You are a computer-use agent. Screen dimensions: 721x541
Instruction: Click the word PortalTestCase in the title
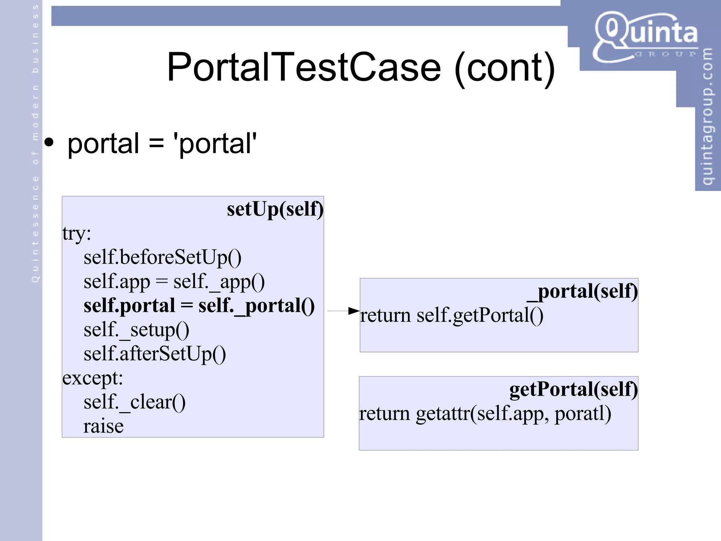pos(303,67)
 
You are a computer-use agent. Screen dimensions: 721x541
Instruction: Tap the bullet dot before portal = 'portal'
pos(49,143)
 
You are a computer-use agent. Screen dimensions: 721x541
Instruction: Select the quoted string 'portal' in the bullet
pos(215,143)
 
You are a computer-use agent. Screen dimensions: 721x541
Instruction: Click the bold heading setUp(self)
pos(275,209)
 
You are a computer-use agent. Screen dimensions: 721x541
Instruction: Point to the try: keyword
pos(77,233)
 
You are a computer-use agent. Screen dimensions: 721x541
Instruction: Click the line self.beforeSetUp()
pos(162,257)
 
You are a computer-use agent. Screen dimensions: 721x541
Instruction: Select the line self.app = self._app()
pos(174,282)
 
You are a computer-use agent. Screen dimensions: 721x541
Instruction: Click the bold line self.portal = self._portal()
pos(199,306)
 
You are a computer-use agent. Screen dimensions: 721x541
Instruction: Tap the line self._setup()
pos(136,330)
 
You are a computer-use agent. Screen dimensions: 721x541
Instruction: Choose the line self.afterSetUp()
pos(155,354)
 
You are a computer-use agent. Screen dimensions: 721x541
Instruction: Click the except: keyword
pos(93,378)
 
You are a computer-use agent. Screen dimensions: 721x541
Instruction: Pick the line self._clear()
pos(134,402)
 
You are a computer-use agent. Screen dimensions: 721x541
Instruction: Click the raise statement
pos(104,426)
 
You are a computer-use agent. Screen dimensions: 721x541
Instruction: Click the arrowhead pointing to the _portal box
pos(353,311)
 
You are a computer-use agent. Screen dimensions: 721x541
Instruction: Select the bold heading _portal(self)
pos(582,291)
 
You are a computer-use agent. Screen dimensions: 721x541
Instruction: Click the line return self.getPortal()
pos(451,315)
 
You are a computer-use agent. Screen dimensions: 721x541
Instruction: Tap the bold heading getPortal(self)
pos(573,389)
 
